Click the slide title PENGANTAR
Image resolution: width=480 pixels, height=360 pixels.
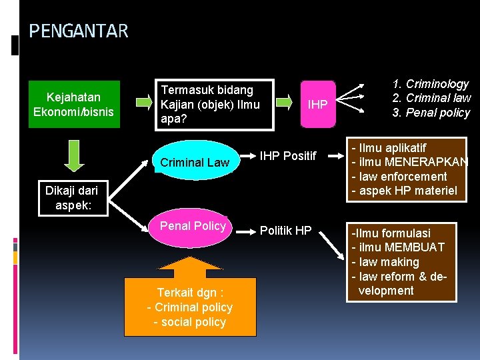click(78, 31)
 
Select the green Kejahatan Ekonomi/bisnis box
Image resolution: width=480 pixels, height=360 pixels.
click(74, 105)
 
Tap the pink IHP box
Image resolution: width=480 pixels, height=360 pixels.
click(318, 105)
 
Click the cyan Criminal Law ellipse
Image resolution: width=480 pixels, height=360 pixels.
click(194, 162)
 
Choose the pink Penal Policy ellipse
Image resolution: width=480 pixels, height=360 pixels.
click(193, 226)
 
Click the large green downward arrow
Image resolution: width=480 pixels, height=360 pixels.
click(75, 157)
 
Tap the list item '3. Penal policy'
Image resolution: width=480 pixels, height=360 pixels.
click(431, 113)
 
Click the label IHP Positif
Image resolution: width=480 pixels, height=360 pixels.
click(288, 156)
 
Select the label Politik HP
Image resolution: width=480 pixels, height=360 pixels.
click(285, 231)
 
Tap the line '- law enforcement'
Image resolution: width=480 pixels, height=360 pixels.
click(399, 177)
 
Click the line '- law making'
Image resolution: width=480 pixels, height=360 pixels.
click(385, 262)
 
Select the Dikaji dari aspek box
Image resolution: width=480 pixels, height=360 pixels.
click(71, 198)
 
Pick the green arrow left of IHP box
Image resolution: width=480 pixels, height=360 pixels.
click(285, 103)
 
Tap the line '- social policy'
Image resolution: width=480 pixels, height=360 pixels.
click(190, 322)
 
